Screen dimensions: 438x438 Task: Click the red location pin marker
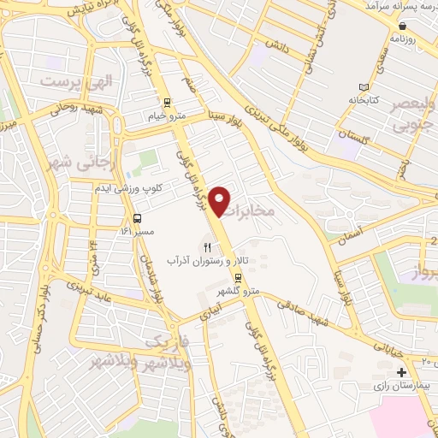[221, 200]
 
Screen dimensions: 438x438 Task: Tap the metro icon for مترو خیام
[169, 101]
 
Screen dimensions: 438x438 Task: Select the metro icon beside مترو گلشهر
[239, 278]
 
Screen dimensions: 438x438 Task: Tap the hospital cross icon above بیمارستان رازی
[401, 372]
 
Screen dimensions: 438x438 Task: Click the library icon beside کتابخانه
[364, 88]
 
